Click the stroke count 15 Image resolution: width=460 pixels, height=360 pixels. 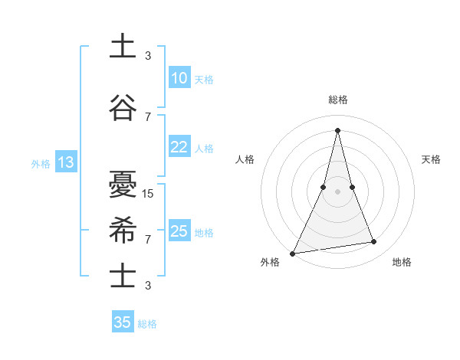149,194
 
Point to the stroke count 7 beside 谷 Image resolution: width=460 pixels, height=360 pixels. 148,116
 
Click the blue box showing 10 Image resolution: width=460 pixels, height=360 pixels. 179,78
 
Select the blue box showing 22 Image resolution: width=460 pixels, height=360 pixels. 179,148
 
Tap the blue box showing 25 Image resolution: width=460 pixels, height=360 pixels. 179,231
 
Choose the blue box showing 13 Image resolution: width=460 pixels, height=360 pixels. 65,162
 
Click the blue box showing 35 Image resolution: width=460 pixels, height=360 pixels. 123,322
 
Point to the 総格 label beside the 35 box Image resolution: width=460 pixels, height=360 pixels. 148,324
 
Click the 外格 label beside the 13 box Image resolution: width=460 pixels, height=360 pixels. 41,163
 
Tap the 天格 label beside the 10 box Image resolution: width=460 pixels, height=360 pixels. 204,80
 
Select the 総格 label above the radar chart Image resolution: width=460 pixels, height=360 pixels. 337,100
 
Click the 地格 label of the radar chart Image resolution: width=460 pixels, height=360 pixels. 402,263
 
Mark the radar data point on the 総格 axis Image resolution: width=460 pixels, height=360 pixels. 337,129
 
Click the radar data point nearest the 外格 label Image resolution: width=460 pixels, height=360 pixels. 293,253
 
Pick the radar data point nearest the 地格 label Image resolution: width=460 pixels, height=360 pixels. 373,242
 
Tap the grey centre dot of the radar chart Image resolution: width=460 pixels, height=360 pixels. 337,191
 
